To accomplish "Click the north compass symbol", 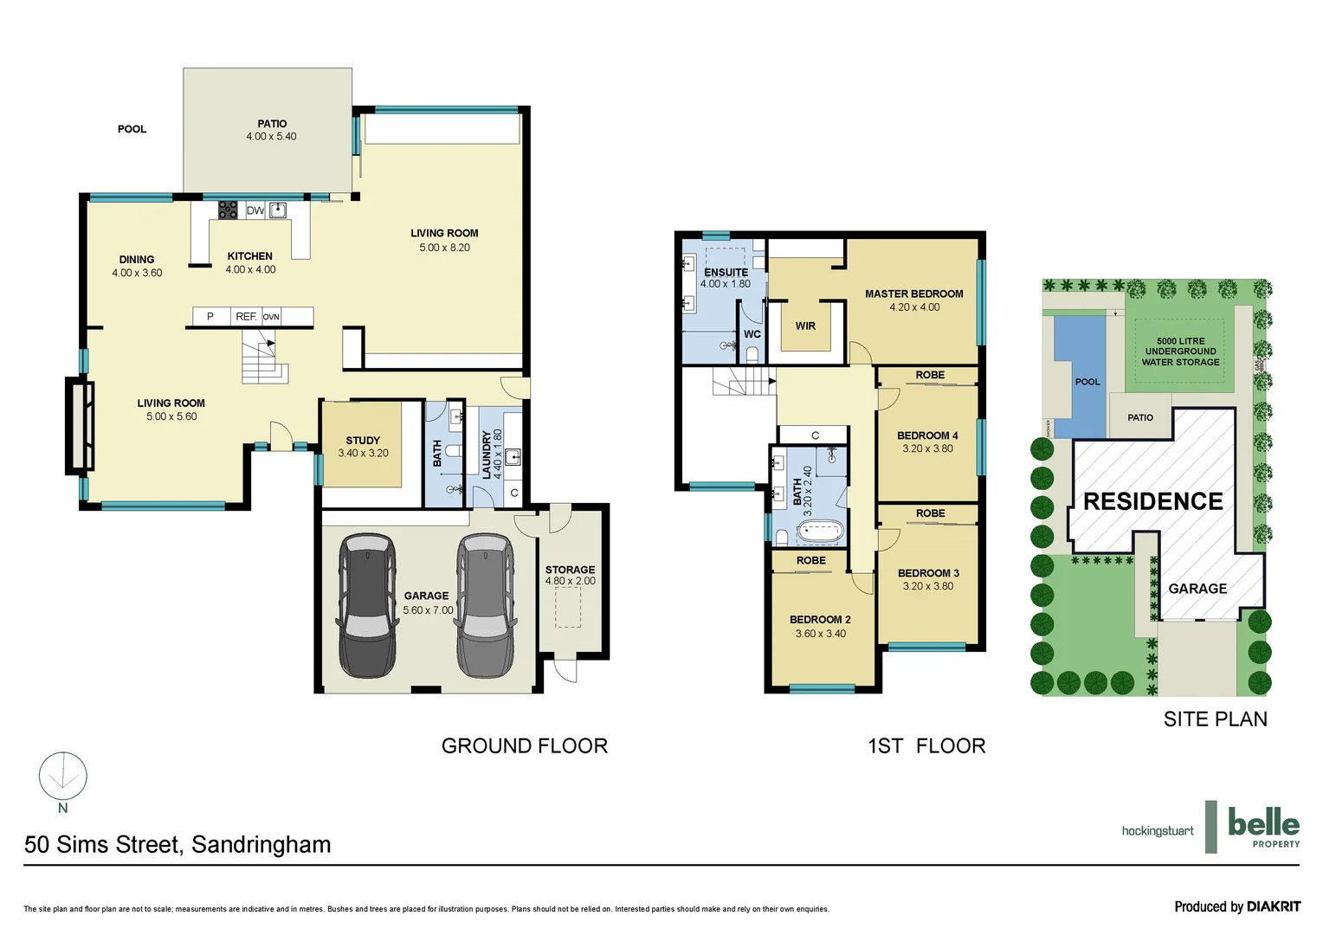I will tap(63, 776).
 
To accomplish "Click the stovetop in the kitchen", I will tap(228, 210).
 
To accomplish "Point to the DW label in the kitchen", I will tap(255, 210).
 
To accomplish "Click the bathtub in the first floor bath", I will tap(819, 532).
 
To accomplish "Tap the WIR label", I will tap(805, 326).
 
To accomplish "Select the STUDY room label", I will tap(363, 441).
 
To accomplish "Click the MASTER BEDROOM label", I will tap(913, 294).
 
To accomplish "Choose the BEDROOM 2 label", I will tap(820, 620).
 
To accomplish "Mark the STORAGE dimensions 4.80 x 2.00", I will tap(570, 582).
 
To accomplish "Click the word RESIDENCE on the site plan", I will tap(1152, 501).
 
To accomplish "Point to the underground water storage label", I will tap(1180, 351).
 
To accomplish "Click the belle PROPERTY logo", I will tap(1262, 827).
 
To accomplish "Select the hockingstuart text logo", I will tap(1157, 831).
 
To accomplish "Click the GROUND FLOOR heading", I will tap(524, 745).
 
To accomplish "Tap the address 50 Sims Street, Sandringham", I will tap(177, 844).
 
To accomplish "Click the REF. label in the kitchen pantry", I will tap(246, 317).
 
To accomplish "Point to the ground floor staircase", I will tap(263, 361).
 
